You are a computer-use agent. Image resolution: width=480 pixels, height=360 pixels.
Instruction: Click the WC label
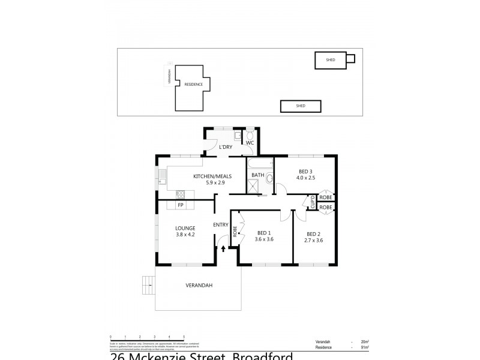(250, 143)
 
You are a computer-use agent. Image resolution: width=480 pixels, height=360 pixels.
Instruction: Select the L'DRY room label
(226, 147)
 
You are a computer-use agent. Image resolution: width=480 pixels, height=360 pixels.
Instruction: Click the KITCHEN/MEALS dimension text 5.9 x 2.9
(208, 182)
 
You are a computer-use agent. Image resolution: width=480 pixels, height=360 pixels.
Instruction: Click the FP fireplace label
(180, 205)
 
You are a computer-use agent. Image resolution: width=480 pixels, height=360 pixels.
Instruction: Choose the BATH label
(257, 175)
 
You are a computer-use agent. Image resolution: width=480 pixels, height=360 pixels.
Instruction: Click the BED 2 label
(314, 234)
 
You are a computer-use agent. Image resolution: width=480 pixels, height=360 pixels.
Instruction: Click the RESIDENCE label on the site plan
(193, 85)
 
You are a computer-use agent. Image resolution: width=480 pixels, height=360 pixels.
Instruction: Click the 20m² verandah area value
(364, 341)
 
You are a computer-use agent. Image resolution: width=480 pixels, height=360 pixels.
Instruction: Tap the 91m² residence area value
(364, 347)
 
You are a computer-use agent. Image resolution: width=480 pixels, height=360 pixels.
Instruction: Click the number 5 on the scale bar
(184, 337)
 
